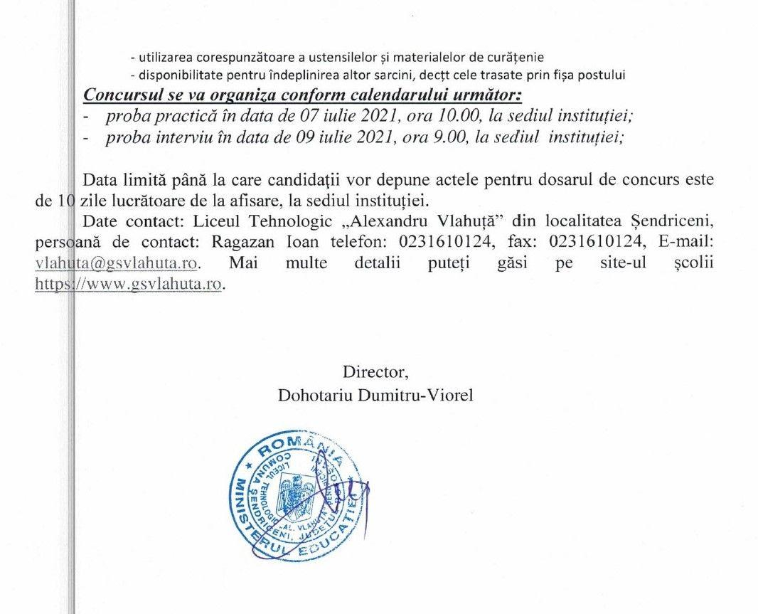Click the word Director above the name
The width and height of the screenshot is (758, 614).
tap(375, 371)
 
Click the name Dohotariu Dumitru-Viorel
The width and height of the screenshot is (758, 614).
tap(375, 394)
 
